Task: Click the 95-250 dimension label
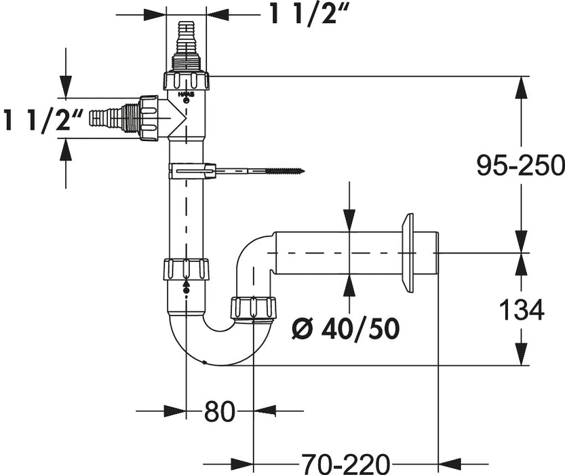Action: (520, 165)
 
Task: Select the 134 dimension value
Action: (522, 310)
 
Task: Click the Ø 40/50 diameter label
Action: (345, 329)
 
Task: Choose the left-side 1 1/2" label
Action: (44, 120)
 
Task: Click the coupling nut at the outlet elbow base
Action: (252, 307)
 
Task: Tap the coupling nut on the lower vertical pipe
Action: (186, 269)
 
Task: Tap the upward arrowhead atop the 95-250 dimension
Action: (521, 85)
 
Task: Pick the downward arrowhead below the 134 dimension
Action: (521, 356)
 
